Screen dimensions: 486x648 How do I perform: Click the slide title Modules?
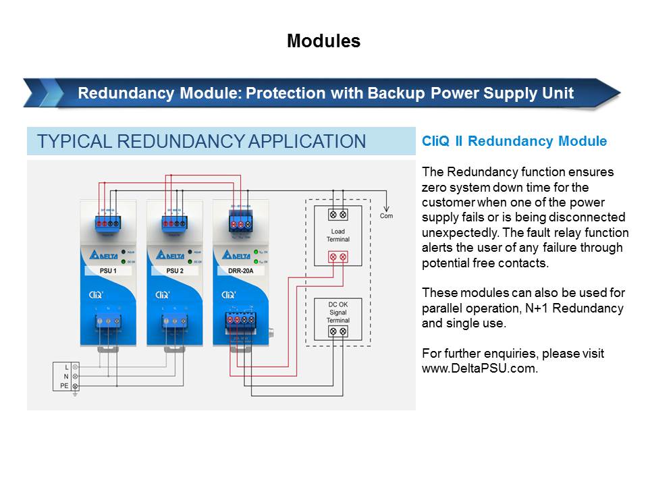pos(323,41)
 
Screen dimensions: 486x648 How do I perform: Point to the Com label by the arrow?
pos(386,216)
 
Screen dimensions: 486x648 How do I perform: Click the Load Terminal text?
pos(337,236)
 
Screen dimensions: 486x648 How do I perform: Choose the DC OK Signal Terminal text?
pos(337,311)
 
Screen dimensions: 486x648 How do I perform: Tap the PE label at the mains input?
pos(64,385)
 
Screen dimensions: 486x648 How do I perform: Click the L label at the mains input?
pos(66,367)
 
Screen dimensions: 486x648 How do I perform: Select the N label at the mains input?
pos(65,376)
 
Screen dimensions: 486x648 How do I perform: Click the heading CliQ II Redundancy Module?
pos(514,142)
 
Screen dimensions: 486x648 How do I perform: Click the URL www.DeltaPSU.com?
pos(479,368)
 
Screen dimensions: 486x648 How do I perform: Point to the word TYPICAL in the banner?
pos(74,142)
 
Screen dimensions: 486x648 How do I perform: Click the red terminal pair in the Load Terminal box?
pos(337,256)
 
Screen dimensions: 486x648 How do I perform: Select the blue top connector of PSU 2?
pos(174,221)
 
